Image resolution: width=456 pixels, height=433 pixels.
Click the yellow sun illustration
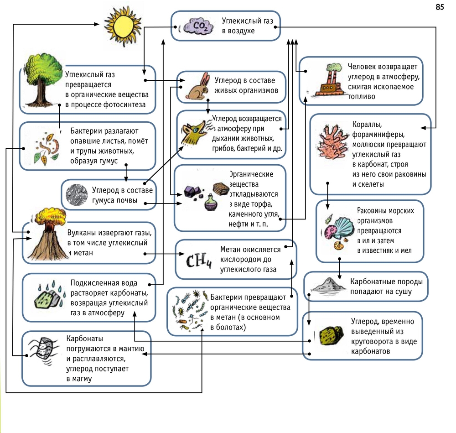[x=123, y=26]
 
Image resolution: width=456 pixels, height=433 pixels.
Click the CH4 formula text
[x=199, y=261]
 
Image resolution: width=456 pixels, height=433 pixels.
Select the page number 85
[x=440, y=7]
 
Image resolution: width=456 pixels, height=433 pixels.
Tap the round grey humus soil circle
[x=77, y=195]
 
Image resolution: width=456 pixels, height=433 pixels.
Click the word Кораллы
[x=367, y=125]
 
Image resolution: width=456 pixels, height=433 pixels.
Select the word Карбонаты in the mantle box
[x=85, y=339]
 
